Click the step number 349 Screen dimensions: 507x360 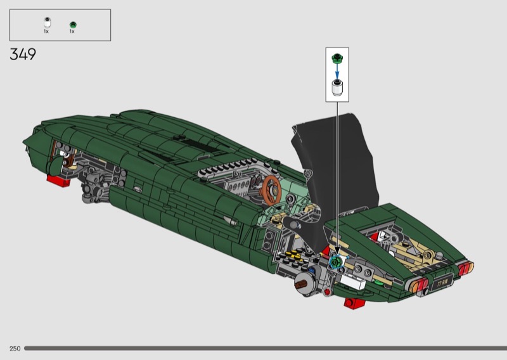(23, 55)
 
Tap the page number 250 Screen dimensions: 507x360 (15, 349)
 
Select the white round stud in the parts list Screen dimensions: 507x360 (47, 22)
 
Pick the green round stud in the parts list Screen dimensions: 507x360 (73, 25)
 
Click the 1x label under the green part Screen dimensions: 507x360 (72, 32)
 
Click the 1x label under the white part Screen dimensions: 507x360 (46, 32)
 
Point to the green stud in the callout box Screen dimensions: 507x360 (337, 58)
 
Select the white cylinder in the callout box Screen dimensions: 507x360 (337, 87)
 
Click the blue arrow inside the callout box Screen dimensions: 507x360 (337, 71)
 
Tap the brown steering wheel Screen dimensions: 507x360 (272, 190)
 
